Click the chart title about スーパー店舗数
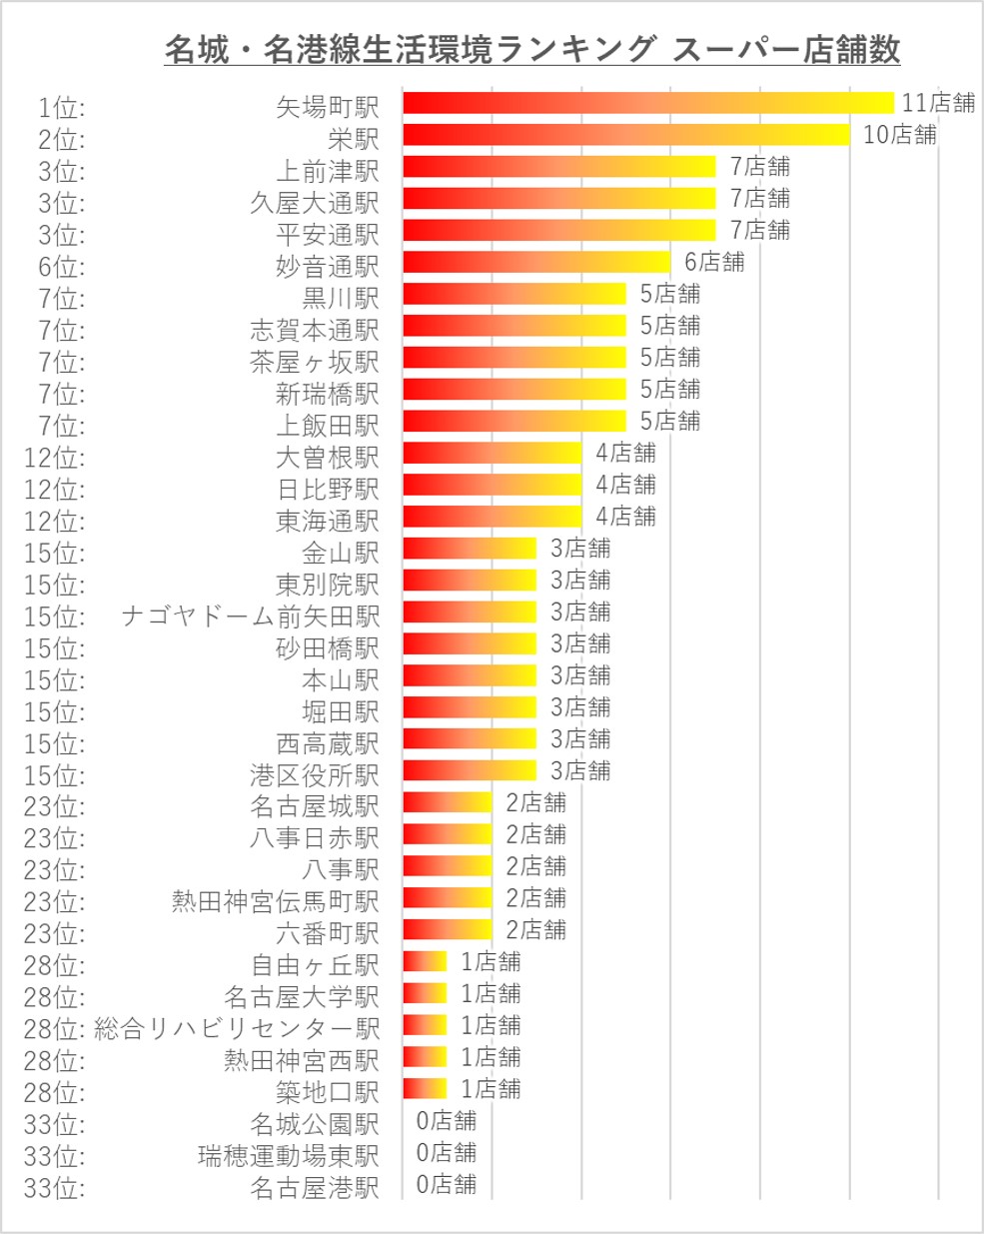[531, 49]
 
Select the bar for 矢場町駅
[647, 103]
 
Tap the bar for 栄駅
[625, 135]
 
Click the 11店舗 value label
[937, 103]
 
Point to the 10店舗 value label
[899, 135]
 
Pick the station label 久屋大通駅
[315, 203]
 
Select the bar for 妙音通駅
[535, 262]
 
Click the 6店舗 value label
[714, 262]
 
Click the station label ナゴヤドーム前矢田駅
[250, 617]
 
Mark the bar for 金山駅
[470, 549]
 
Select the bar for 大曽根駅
[492, 453]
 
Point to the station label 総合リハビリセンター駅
[237, 1028]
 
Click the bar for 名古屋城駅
[447, 802]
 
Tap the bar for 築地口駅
[425, 1088]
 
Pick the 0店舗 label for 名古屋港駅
[446, 1184]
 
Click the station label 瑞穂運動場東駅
[289, 1156]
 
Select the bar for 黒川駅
[513, 294]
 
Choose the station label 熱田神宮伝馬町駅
[276, 902]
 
